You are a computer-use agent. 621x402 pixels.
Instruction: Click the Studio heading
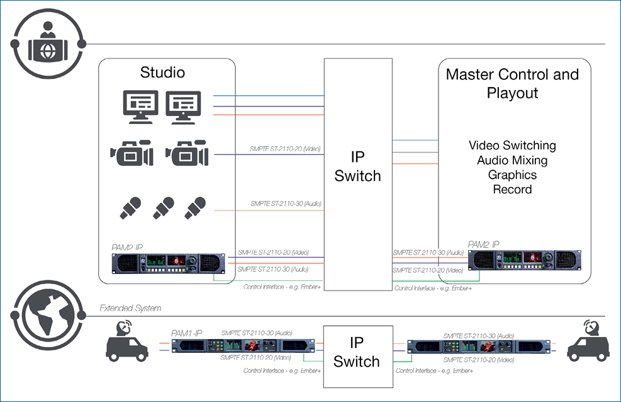point(162,72)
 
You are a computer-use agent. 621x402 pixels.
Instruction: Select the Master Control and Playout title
point(512,83)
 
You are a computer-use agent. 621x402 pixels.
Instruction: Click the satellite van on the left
point(130,344)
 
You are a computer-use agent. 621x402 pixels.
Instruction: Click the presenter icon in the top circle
point(47,42)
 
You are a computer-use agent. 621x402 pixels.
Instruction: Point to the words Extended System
point(130,309)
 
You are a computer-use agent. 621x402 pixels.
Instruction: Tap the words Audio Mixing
point(512,160)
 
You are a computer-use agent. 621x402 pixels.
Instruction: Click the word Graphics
point(512,175)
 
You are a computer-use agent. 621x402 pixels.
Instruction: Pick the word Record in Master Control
point(512,189)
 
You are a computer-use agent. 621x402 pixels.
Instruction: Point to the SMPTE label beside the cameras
point(286,149)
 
